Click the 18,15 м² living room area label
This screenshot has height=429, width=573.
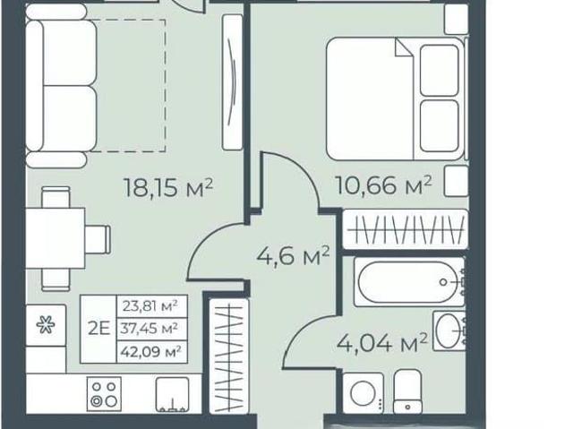(168, 187)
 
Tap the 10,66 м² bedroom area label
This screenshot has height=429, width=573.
(383, 184)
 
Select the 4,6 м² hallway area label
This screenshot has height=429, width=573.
(293, 255)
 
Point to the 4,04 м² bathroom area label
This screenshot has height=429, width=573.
(382, 343)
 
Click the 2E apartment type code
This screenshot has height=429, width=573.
(98, 329)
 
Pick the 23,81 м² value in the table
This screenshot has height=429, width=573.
(150, 305)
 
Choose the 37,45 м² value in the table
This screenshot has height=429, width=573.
(150, 328)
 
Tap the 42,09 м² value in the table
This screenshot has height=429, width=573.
(150, 352)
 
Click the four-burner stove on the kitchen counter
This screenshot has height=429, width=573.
(104, 394)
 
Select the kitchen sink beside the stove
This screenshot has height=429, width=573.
(173, 394)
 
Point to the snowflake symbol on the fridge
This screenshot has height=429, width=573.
(46, 325)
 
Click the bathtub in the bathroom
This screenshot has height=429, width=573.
(409, 282)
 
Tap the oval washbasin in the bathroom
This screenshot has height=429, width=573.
(448, 331)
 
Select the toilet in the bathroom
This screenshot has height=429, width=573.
(407, 391)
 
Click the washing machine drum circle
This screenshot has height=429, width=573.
(363, 393)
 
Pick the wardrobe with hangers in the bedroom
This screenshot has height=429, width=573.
(406, 229)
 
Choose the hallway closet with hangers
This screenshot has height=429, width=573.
(229, 356)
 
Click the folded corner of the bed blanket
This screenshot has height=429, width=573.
(403, 48)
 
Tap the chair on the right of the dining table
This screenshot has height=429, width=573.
(98, 238)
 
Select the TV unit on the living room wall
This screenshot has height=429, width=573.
(233, 82)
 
